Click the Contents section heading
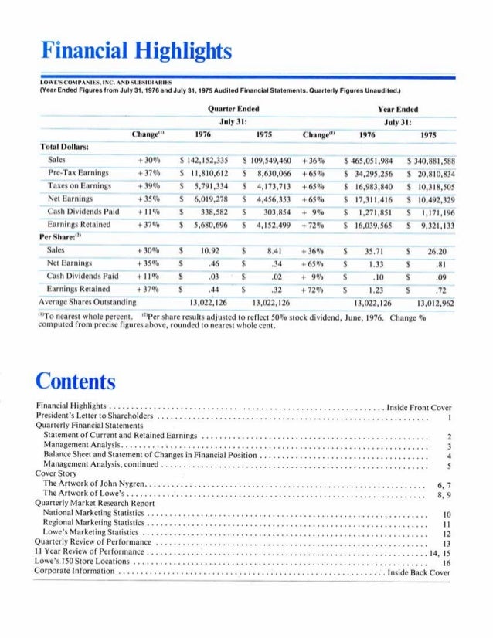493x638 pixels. [76, 381]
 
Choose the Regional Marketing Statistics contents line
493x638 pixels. [93, 523]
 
